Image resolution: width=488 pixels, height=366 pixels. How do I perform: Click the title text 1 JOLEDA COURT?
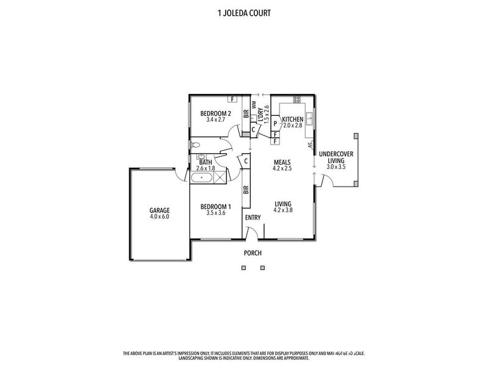click(244, 13)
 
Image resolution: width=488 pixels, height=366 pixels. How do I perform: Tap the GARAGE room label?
click(159, 210)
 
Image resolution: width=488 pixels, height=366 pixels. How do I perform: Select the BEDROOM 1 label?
click(216, 207)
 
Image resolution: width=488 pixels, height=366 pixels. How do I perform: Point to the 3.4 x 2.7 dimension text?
click(216, 120)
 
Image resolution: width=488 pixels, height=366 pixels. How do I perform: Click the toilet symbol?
click(195, 145)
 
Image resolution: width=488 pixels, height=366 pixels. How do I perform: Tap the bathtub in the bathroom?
click(202, 178)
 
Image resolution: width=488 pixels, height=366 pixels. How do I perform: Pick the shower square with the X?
click(220, 177)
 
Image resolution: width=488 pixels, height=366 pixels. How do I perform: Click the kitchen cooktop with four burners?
click(297, 99)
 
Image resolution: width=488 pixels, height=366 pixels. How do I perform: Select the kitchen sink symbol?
click(310, 118)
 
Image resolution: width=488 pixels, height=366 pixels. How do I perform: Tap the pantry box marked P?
click(276, 123)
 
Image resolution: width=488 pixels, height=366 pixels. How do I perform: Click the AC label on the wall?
click(310, 145)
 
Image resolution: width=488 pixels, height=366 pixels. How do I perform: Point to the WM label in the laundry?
click(254, 104)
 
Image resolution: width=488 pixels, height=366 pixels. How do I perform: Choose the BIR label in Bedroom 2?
click(246, 113)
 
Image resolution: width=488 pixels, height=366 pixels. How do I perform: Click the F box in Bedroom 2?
click(232, 99)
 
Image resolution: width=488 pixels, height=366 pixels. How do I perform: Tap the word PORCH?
click(253, 253)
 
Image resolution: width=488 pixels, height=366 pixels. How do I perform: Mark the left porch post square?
click(243, 268)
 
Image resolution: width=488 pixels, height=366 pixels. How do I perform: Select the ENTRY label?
click(253, 218)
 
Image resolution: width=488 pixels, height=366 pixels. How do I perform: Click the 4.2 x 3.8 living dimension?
click(283, 210)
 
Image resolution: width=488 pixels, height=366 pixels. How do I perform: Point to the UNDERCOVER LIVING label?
click(336, 157)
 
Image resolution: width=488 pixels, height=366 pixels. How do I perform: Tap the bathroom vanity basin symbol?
click(201, 156)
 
